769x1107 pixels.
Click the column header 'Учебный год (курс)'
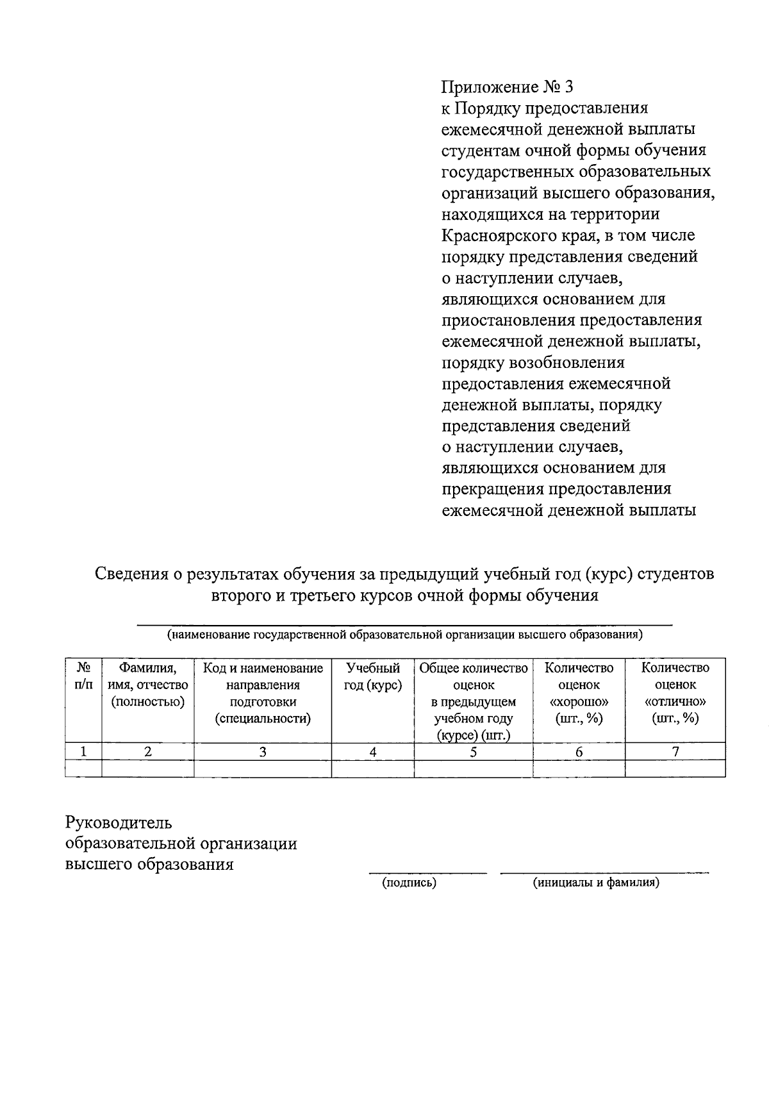click(372, 677)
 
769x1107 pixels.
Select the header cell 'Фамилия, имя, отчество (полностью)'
click(148, 685)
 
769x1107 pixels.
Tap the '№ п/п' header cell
click(83, 676)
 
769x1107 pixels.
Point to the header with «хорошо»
click(579, 693)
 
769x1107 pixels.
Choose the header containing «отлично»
click(675, 693)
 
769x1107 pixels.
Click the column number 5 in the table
click(473, 752)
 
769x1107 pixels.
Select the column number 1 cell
click(83, 752)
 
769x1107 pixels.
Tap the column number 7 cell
click(675, 752)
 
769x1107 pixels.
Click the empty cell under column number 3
click(262, 769)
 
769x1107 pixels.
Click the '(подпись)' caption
click(409, 883)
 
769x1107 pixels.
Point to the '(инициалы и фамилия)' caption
click(596, 883)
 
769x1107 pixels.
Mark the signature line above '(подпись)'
click(427, 872)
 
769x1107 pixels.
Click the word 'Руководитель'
click(119, 822)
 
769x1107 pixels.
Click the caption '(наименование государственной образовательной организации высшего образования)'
click(404, 635)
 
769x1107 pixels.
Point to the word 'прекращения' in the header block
click(492, 489)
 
